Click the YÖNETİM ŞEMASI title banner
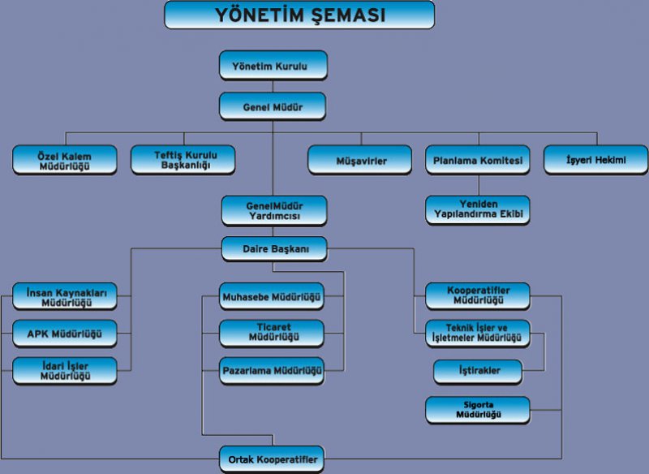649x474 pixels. (299, 15)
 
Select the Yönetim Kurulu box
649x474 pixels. (273, 66)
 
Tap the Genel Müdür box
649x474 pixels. (273, 106)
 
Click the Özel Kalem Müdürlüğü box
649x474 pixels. (65, 160)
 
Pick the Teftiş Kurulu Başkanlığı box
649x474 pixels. (183, 160)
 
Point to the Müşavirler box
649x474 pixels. (359, 160)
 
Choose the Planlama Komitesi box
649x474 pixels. (478, 160)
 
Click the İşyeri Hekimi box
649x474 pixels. (595, 160)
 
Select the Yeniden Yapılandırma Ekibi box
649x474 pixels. (478, 210)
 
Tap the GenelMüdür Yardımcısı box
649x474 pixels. (274, 211)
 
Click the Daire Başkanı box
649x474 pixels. (274, 249)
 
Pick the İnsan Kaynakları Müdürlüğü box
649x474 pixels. (65, 296)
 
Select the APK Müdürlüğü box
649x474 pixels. (65, 334)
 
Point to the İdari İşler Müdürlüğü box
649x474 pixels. (65, 370)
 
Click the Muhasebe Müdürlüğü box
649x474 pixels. (272, 296)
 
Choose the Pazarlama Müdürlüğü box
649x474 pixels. (272, 370)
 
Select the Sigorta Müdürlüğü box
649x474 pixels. (478, 410)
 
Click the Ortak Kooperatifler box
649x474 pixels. (272, 459)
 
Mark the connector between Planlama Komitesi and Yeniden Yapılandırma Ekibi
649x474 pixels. (479, 185)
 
